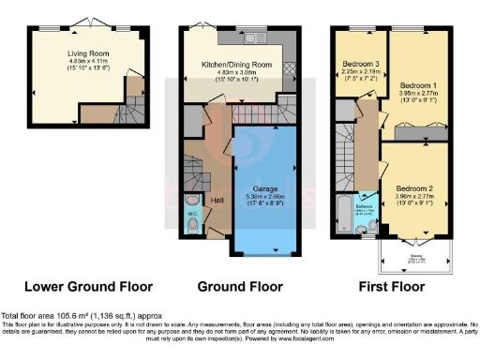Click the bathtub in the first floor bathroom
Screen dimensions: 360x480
pos(343,211)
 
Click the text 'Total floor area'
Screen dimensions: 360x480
pos(27,316)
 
